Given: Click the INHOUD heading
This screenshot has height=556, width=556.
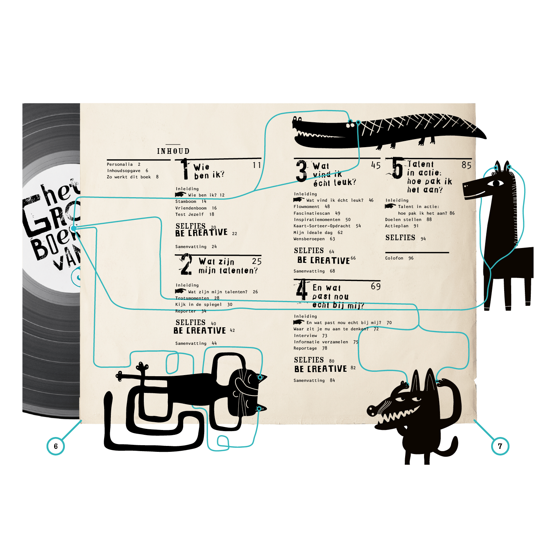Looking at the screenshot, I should point(173,151).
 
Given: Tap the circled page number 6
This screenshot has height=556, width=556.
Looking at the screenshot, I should point(56,446).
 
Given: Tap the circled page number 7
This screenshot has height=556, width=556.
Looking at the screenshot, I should point(500,446).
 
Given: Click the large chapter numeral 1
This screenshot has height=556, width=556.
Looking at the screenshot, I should point(184,169).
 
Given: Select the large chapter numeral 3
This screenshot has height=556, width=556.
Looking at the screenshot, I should point(301,171).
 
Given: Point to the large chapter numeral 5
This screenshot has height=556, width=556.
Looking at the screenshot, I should point(397,168).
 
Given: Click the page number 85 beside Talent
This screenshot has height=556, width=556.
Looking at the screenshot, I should point(466,165).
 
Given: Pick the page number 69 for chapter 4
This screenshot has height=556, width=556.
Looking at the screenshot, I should point(375,287).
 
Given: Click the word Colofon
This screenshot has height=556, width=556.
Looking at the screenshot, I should point(394,258).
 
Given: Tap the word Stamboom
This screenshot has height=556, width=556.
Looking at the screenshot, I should point(186,201).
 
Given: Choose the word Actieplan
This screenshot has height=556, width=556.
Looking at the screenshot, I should point(397,226).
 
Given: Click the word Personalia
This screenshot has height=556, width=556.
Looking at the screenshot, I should point(120,164).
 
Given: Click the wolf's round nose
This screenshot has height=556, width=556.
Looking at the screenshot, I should point(372,410).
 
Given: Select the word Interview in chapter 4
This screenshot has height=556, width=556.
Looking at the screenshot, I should point(305,335).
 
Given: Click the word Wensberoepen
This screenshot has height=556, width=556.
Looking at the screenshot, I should point(309,239).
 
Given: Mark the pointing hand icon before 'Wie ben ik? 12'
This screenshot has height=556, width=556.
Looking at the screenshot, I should point(180,195).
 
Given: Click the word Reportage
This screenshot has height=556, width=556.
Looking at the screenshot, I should point(305,348).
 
